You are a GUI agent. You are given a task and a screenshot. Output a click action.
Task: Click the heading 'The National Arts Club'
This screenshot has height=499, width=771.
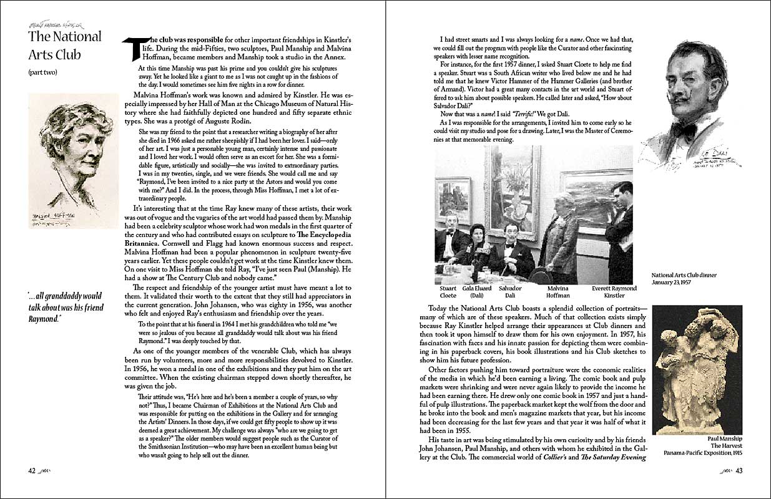click(64, 45)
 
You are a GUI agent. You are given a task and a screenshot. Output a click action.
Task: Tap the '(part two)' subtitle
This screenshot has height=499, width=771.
click(42, 72)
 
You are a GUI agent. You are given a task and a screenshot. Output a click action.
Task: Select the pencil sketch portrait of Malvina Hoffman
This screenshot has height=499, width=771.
click(74, 160)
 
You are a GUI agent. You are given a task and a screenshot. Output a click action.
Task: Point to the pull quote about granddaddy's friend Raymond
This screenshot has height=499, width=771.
click(66, 307)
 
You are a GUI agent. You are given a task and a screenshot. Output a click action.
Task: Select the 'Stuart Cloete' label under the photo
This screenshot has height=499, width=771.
click(448, 292)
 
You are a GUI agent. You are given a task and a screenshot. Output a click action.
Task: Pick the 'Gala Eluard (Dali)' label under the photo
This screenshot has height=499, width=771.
click(477, 292)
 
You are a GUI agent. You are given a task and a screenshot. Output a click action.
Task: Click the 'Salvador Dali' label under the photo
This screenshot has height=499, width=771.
click(511, 292)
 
